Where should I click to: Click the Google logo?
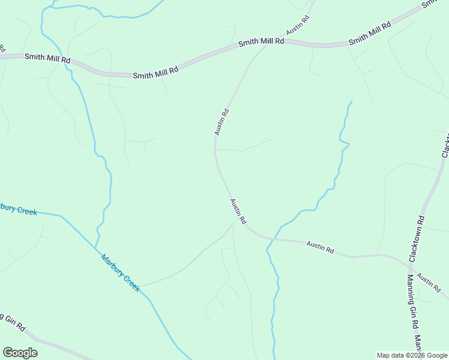point(20,353)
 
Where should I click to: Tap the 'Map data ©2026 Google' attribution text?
point(412,355)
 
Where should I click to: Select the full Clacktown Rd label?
point(417,238)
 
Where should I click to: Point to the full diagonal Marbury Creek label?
point(120,273)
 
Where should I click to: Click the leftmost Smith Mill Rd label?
point(47,58)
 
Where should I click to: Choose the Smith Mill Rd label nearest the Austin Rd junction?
point(261,43)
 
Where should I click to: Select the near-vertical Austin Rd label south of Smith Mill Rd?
point(221,121)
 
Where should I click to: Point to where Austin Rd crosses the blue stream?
point(268,238)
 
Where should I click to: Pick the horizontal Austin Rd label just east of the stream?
point(320,246)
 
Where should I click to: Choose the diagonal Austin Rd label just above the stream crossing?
point(238,211)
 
